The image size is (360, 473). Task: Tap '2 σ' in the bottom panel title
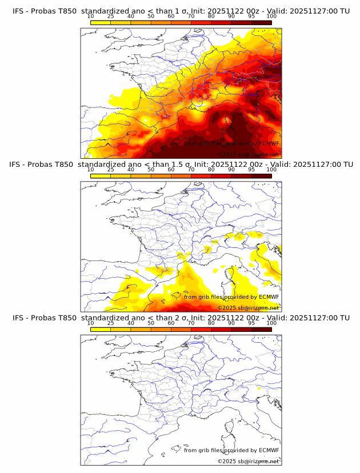pyautogui.click(x=181, y=318)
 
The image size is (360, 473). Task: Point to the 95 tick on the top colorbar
pyautogui.click(x=251, y=16)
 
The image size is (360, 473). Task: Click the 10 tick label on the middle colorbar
pyautogui.click(x=91, y=170)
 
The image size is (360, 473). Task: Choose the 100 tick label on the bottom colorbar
pyautogui.click(x=271, y=323)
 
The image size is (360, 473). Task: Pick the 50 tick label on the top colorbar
pyautogui.click(x=151, y=16)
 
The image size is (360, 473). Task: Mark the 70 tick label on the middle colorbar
pyautogui.click(x=191, y=170)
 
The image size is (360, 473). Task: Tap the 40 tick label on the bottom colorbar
pyautogui.click(x=131, y=323)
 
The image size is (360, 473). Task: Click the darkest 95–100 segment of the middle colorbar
pyautogui.click(x=261, y=175)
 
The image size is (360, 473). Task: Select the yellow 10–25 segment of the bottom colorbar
pyautogui.click(x=101, y=329)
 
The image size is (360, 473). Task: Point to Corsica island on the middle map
pyautogui.click(x=231, y=276)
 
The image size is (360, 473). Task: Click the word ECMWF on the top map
pyautogui.click(x=269, y=143)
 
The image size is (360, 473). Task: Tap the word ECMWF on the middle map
pyautogui.click(x=269, y=296)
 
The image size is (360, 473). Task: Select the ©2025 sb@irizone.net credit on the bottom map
pyautogui.click(x=248, y=461)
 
